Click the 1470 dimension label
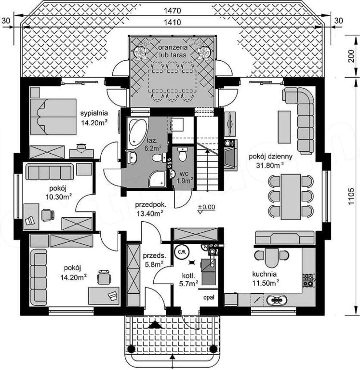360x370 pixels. click(173, 11)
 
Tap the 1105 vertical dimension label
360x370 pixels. click(352, 197)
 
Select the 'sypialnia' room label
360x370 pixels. click(94, 113)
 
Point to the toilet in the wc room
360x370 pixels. click(182, 154)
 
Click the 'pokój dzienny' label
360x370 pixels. click(270, 156)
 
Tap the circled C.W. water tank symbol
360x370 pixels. click(181, 252)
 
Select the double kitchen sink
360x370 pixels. click(277, 300)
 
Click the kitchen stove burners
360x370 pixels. click(308, 280)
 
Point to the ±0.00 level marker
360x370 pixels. click(207, 208)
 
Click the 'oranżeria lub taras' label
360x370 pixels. click(173, 51)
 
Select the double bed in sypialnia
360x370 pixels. click(53, 117)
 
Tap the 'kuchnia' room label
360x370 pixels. click(265, 274)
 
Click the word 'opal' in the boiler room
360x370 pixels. click(209, 297)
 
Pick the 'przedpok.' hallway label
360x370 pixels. click(151, 205)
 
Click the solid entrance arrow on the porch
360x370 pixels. click(155, 324)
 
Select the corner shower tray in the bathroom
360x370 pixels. click(158, 179)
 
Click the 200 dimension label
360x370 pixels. click(352, 56)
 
